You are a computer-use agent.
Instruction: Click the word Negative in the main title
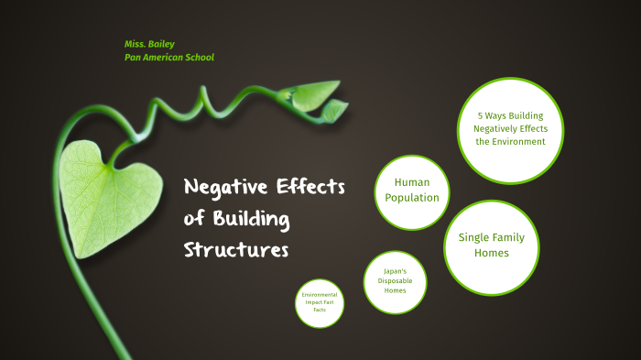click(x=224, y=188)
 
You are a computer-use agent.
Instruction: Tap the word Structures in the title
click(x=236, y=249)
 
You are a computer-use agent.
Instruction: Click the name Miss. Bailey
click(x=151, y=44)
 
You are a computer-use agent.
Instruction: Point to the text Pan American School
click(x=169, y=57)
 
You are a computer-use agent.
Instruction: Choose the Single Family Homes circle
click(x=490, y=245)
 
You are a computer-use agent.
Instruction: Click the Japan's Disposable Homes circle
click(x=394, y=281)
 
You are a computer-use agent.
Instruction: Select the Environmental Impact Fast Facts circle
click(x=320, y=302)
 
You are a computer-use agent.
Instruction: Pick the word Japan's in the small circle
click(x=394, y=272)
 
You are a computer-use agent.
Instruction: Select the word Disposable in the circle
click(x=394, y=282)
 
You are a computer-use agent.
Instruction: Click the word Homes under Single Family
click(x=491, y=254)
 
